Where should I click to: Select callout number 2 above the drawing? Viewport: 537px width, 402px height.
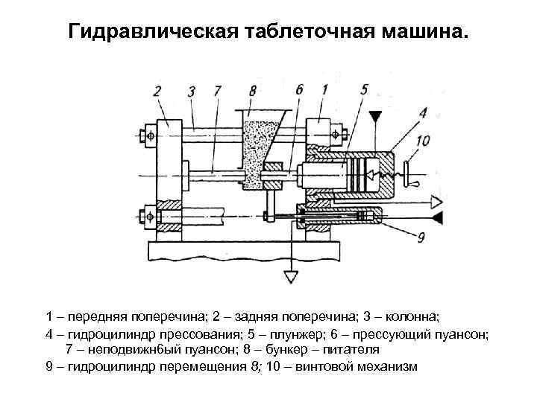click(157, 91)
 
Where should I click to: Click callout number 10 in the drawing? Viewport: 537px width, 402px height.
click(423, 140)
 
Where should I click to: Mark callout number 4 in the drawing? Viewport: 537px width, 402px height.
click(423, 113)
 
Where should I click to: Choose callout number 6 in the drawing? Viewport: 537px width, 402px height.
click(299, 89)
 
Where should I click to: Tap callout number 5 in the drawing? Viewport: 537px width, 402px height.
click(363, 89)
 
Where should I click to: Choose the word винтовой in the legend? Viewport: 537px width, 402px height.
click(323, 366)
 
